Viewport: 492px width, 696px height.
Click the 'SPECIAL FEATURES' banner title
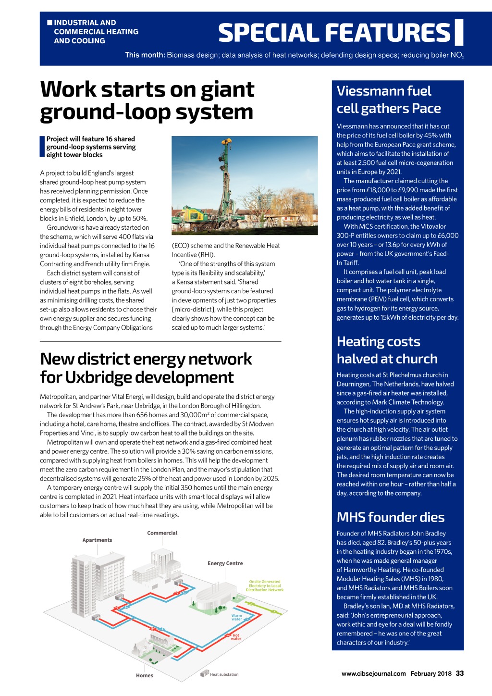(335, 33)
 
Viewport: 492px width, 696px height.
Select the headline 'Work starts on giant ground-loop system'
(147, 100)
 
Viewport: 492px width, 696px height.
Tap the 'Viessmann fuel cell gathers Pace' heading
(389, 99)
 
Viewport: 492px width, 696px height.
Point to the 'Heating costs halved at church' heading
(387, 350)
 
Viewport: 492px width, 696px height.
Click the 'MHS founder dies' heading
(391, 517)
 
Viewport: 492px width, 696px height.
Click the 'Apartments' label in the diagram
(97, 540)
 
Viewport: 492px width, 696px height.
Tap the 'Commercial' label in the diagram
(162, 533)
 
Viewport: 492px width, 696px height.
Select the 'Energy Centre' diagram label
(225, 563)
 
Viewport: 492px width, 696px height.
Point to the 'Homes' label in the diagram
(144, 675)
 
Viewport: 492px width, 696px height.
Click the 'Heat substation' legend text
(224, 674)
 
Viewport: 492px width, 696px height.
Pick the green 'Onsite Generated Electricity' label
(264, 585)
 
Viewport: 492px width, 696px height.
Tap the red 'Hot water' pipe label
(236, 637)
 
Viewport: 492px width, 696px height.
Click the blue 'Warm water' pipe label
(237, 617)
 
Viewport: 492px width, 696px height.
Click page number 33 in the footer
(460, 673)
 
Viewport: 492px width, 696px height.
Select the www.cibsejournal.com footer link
(373, 674)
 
